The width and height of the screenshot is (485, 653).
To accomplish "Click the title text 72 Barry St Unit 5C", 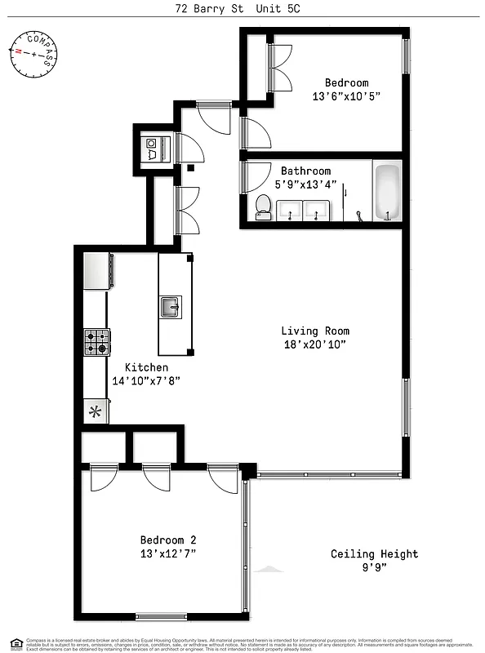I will (242, 10).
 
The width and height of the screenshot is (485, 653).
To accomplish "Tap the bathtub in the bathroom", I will (387, 193).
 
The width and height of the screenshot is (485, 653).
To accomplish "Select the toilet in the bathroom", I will (263, 207).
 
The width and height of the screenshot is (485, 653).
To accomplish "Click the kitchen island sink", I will (170, 308).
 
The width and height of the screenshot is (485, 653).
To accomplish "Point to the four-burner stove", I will (96, 342).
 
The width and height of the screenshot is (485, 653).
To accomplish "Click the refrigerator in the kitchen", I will (98, 270).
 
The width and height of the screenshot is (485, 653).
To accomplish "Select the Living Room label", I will (315, 331).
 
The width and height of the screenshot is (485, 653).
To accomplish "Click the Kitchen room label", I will (146, 367).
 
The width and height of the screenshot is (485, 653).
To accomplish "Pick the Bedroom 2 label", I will (167, 540).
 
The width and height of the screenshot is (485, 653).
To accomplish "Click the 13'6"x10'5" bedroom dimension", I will (346, 96).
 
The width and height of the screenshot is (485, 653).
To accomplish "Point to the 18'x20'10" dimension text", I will (315, 344).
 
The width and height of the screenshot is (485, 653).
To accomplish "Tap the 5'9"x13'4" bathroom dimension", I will (306, 184).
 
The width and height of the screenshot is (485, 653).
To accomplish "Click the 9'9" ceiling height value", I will (374, 568).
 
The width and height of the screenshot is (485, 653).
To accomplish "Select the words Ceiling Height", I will (374, 553).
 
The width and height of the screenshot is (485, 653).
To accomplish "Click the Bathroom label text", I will (306, 171).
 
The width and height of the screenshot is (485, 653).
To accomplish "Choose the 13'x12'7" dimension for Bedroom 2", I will (167, 553).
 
